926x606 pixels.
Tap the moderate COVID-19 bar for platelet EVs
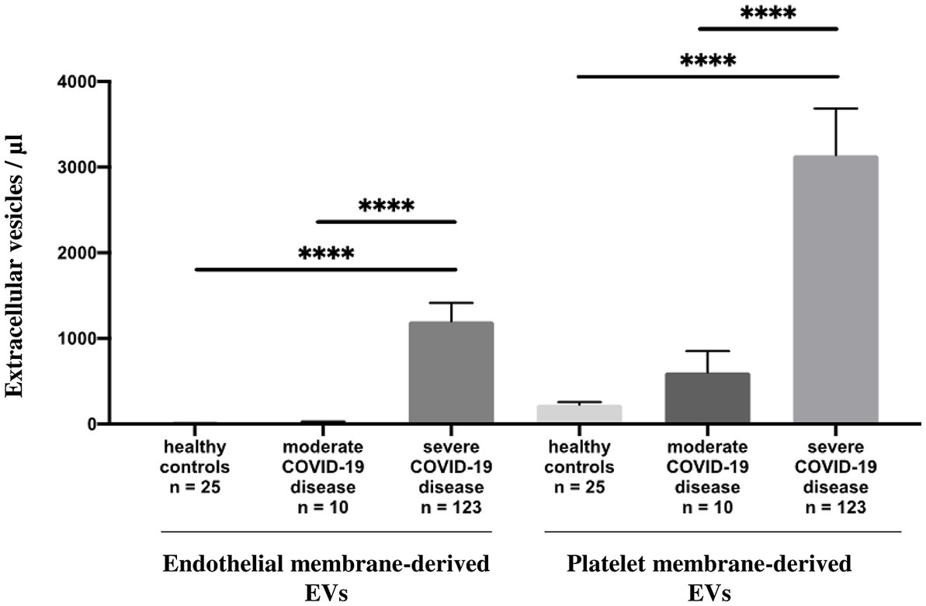706,398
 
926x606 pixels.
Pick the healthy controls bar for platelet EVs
579,413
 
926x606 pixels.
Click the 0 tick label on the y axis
92,424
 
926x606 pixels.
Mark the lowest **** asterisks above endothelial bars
326,253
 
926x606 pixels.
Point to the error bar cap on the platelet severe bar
835,109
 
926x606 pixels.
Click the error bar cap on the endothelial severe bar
451,303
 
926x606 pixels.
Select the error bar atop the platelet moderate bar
706,351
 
